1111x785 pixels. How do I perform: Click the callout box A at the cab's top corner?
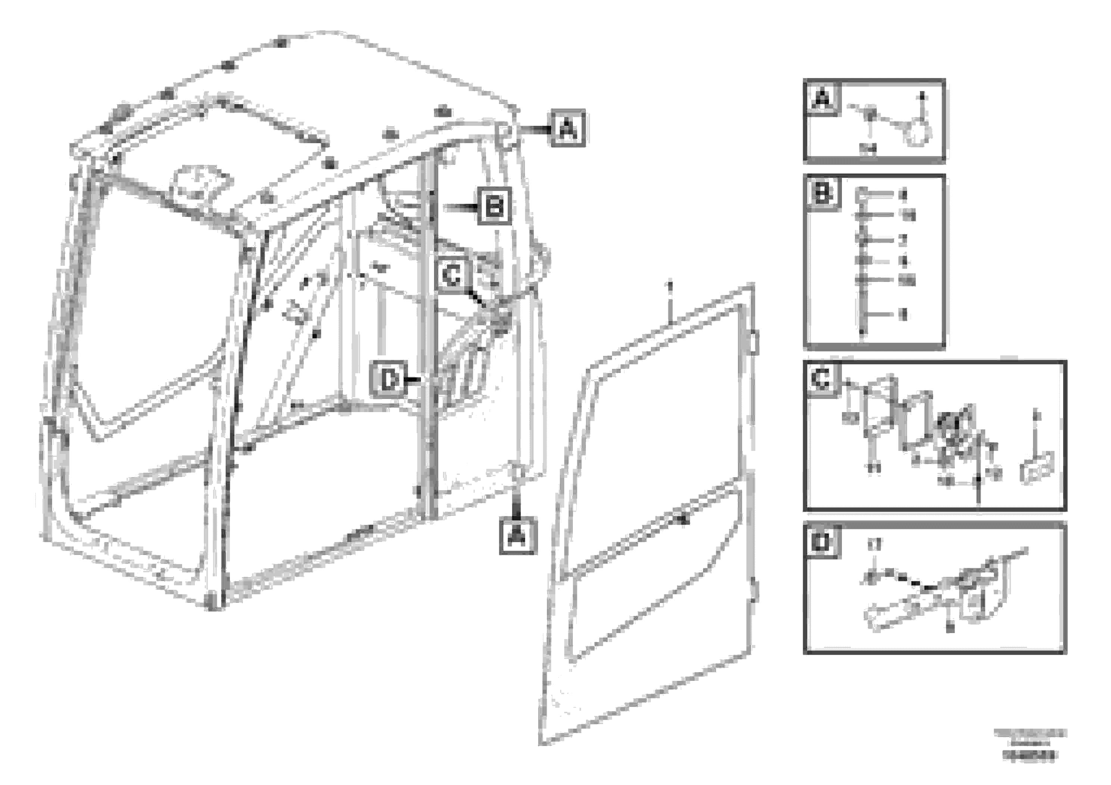(568, 129)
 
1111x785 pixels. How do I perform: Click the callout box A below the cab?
(518, 536)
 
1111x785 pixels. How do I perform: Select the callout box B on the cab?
(494, 207)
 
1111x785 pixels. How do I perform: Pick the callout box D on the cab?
(388, 380)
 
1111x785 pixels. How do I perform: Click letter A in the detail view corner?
(822, 99)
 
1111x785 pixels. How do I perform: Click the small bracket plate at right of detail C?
(1037, 467)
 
